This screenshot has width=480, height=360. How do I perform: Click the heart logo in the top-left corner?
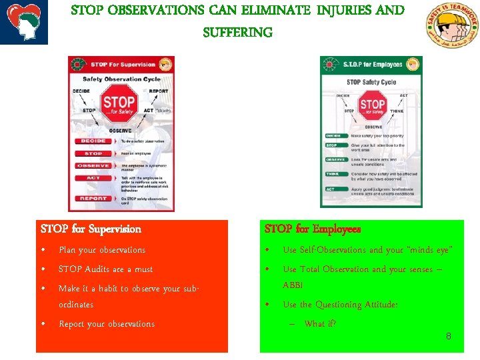24,22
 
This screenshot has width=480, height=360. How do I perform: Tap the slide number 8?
448,336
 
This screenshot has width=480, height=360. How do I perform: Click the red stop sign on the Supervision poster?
119,104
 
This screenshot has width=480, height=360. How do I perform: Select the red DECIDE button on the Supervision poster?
94,141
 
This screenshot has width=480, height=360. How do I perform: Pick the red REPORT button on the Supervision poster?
94,199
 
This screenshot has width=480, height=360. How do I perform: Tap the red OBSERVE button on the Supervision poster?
94,165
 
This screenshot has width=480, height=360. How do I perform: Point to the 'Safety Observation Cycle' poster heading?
121,79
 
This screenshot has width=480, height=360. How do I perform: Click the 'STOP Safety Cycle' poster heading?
371,83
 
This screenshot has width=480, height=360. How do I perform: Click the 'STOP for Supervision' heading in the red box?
91,229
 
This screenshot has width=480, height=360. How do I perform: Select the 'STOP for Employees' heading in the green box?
313,229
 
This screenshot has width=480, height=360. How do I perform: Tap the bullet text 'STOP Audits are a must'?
105,269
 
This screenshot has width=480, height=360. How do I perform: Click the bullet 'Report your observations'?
107,324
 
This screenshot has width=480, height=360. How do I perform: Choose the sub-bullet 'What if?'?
320,324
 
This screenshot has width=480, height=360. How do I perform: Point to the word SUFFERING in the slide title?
238,32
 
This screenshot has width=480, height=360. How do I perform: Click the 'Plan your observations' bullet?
102,250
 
